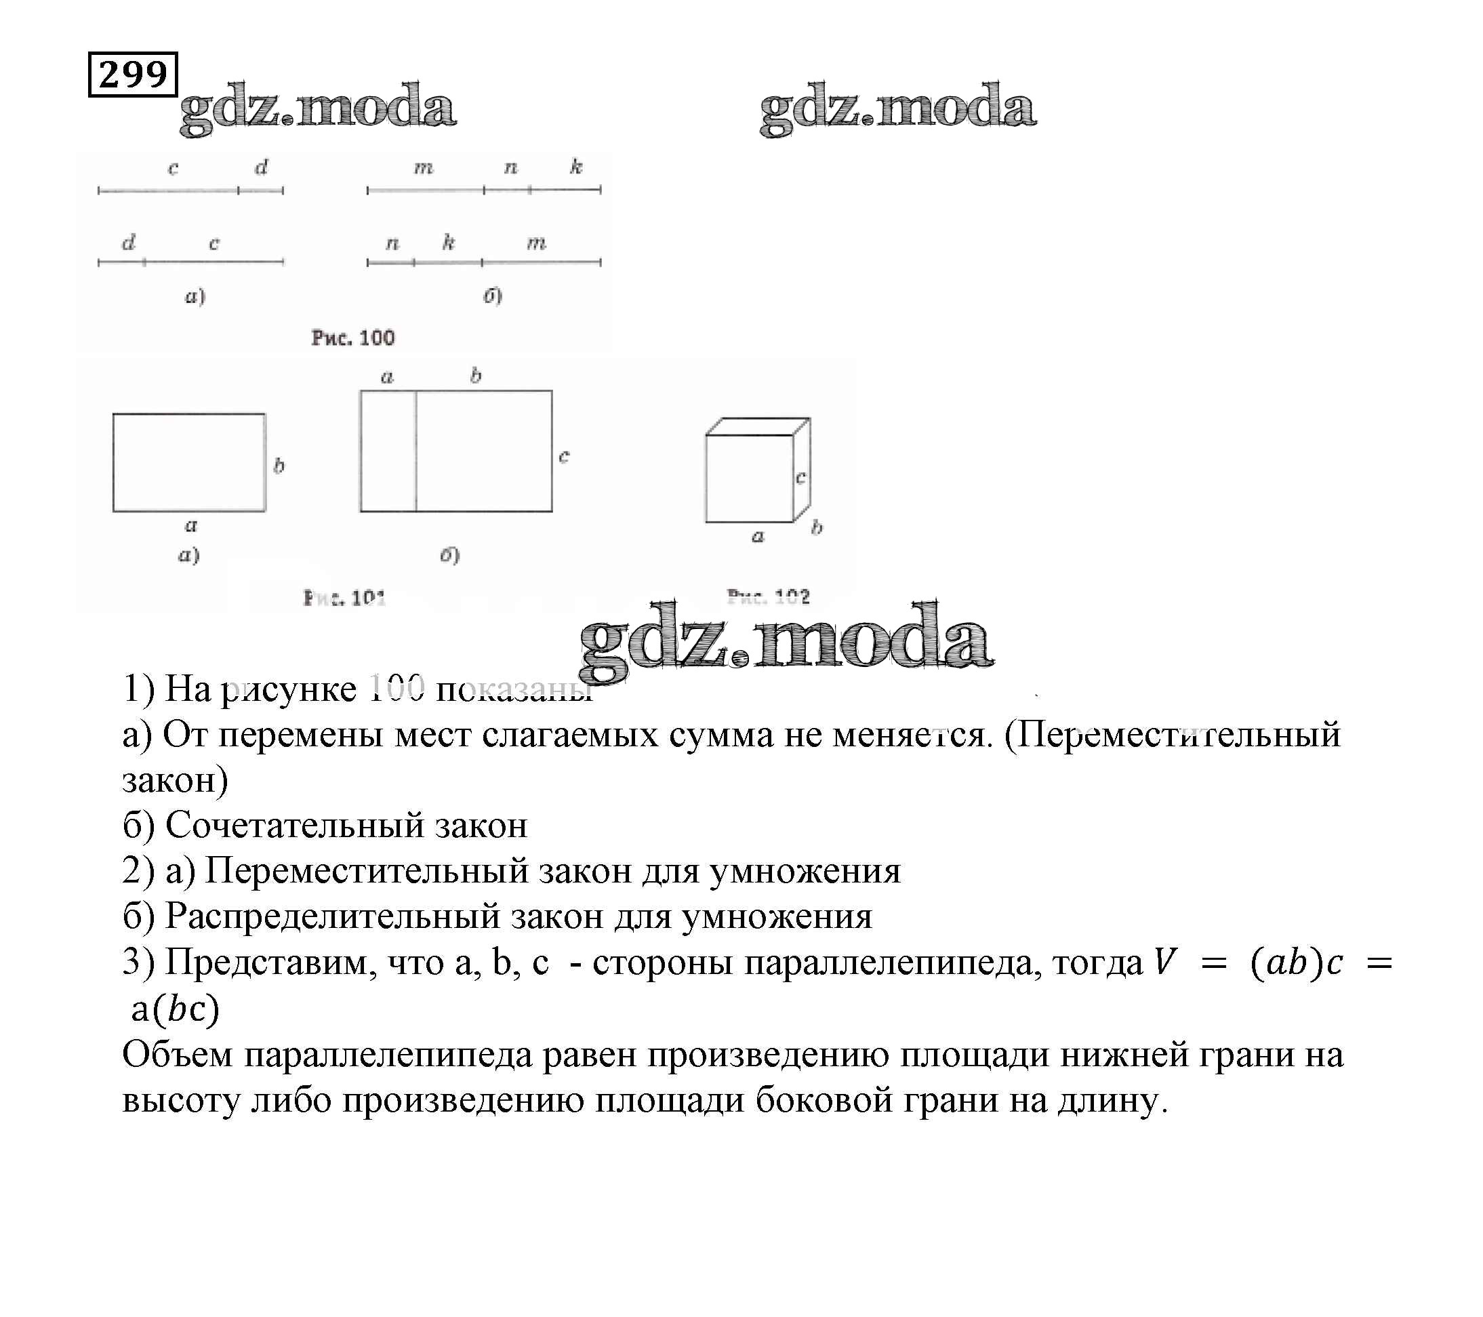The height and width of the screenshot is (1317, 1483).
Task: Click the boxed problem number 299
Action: [x=133, y=74]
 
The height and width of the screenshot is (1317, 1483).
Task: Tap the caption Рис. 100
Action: [x=352, y=338]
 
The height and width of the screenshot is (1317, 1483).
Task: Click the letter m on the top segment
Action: [x=424, y=168]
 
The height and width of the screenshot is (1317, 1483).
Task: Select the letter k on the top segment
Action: [x=576, y=167]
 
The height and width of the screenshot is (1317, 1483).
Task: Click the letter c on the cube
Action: [x=800, y=477]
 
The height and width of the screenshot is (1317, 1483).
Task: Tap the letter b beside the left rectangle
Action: [x=279, y=465]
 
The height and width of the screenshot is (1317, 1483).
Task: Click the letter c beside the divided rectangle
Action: [x=564, y=455]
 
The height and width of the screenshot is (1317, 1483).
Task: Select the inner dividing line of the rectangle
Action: [x=415, y=451]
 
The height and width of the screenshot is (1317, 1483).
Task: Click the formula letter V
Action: [x=1164, y=963]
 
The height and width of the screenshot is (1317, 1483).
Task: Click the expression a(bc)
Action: [x=175, y=1009]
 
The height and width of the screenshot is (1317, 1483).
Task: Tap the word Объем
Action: [x=177, y=1054]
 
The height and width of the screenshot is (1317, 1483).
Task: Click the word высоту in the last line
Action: [x=181, y=1100]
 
